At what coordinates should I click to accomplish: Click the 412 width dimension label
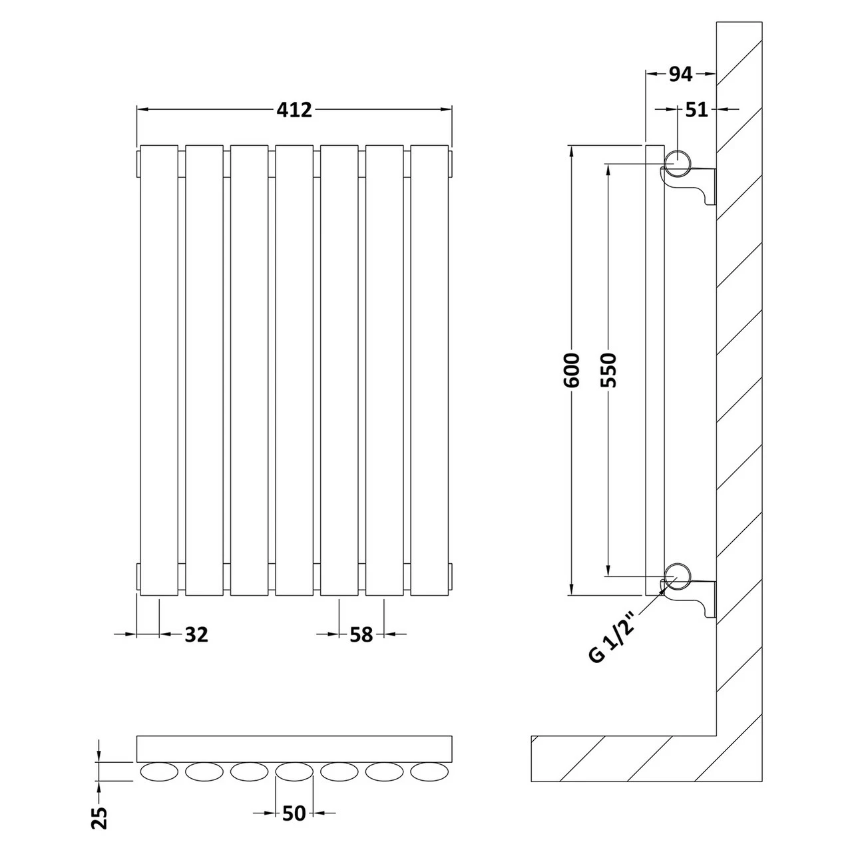(x=294, y=109)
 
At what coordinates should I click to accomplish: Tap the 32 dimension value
(x=196, y=634)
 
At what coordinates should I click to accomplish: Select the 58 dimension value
(x=361, y=634)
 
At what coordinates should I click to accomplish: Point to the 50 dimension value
(x=294, y=813)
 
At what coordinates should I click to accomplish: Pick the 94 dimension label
(x=680, y=75)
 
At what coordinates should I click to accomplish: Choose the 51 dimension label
(x=696, y=109)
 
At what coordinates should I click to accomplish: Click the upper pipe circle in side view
(x=678, y=162)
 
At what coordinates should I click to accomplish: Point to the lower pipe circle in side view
(x=678, y=574)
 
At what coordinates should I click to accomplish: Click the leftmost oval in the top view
(x=159, y=772)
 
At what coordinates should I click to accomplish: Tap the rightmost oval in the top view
(x=429, y=772)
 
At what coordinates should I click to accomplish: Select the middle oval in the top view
(x=294, y=772)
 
